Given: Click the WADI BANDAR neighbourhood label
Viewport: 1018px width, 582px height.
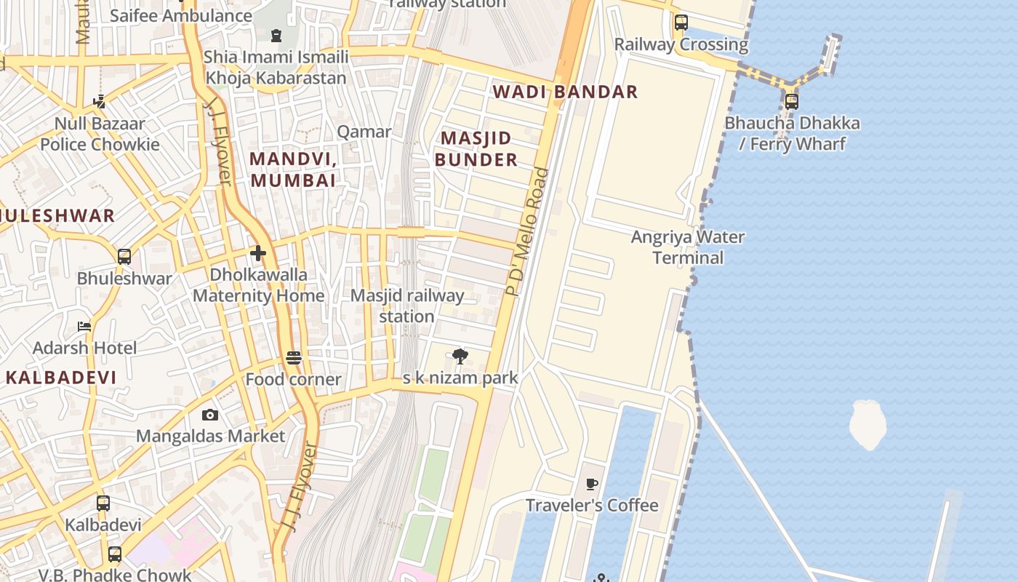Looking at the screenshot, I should coord(565,92).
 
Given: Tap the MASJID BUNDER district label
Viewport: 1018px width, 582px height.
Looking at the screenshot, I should coord(476,148).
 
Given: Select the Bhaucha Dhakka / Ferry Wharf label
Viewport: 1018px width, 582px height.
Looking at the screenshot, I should coord(792,133).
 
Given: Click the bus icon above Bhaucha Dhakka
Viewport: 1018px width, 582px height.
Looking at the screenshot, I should coord(791,102).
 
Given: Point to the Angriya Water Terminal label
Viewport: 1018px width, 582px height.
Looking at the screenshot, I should coord(688,247).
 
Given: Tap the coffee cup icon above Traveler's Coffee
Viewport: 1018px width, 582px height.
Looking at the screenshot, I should coord(592,484).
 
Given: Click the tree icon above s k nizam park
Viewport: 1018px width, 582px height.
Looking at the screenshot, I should coord(460,356).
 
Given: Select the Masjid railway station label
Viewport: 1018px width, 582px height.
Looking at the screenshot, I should coord(406,306).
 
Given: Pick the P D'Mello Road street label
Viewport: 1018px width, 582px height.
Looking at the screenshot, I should coord(529,231).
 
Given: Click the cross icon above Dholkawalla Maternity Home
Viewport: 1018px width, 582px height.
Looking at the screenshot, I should coord(258,253).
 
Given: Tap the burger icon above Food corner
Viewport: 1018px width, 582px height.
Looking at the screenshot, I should coord(294,358).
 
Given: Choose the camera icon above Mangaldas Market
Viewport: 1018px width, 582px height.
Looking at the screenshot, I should coord(210,415).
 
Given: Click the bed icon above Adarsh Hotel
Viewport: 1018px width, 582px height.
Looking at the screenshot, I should coord(84,327).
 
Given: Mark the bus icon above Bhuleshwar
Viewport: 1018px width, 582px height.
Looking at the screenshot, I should coord(124,256).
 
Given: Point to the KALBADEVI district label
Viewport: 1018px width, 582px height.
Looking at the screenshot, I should coord(61,378).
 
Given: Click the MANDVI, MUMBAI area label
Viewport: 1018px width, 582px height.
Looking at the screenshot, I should coord(293,170).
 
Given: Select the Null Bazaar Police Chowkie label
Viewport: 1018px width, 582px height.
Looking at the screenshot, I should coord(100,134).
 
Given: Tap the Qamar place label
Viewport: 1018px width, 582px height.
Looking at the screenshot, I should coord(364,132).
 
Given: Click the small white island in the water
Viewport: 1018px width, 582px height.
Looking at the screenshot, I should coord(867,423).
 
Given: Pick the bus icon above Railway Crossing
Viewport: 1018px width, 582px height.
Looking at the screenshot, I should coord(681,23).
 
